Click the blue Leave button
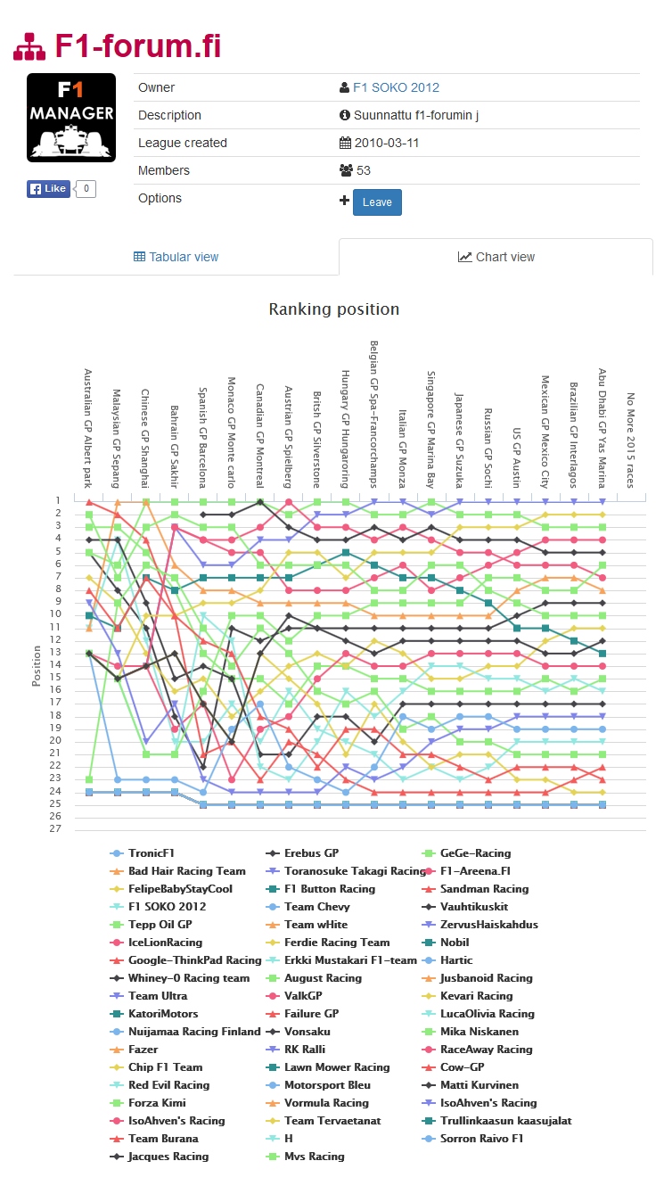(377, 202)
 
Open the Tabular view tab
(176, 257)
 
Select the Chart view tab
(496, 257)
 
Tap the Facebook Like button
(48, 189)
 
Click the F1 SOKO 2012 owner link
(396, 87)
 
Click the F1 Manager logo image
(71, 118)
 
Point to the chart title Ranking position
(334, 309)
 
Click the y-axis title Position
(37, 665)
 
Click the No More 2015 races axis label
(630, 440)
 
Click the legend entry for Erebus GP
(311, 853)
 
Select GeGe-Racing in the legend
(475, 853)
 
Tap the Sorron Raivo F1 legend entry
(481, 1139)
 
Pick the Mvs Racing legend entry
(314, 1157)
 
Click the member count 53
(364, 170)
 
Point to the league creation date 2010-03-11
(387, 143)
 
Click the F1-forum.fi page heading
(137, 46)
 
